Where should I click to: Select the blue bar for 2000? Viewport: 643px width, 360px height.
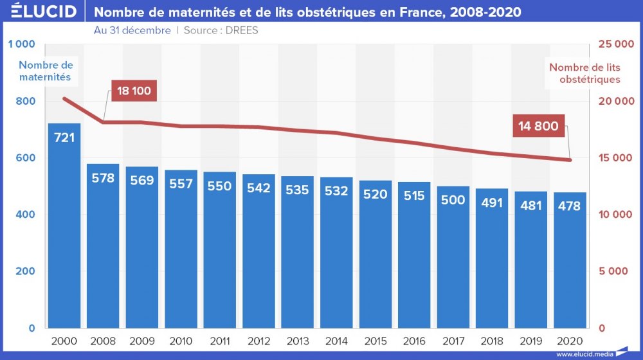64,225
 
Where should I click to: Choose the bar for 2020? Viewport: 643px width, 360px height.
570,260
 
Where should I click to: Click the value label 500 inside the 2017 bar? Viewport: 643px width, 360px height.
453,200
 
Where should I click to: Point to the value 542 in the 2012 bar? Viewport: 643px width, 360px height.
258,188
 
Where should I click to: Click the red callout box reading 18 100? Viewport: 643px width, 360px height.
134,91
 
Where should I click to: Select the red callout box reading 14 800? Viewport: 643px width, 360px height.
538,127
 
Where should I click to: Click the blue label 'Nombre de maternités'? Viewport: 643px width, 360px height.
46,71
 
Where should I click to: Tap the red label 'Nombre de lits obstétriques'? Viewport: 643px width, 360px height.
584,73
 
